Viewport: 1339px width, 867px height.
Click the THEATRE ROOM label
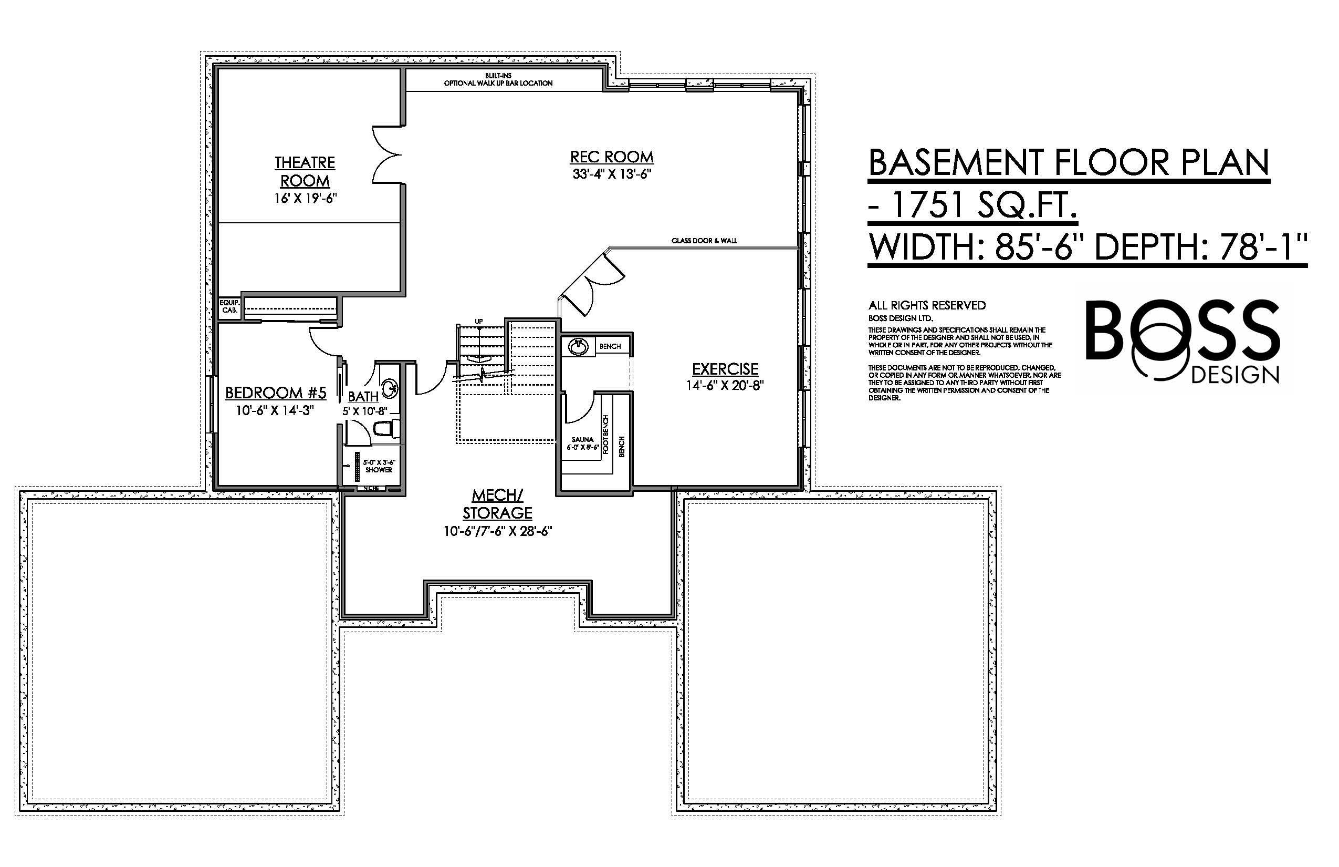pos(305,172)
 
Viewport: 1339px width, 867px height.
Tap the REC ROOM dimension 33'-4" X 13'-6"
pos(612,174)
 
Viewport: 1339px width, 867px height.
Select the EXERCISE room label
pos(725,369)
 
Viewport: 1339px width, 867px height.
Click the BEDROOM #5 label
pos(276,393)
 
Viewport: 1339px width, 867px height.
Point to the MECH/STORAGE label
pos(497,504)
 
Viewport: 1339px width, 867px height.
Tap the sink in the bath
pos(390,387)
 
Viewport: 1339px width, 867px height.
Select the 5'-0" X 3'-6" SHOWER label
pos(379,466)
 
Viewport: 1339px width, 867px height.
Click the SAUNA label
pos(582,440)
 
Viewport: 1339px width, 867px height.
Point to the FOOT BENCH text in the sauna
pos(606,435)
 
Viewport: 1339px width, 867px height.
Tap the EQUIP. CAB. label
pos(229,306)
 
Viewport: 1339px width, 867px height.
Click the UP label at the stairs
pos(479,322)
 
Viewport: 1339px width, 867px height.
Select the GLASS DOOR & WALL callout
pos(704,241)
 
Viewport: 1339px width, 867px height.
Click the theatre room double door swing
pos(387,154)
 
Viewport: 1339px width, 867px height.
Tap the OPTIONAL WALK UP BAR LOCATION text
pos(498,83)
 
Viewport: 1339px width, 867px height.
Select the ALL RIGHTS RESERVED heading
pos(927,306)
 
